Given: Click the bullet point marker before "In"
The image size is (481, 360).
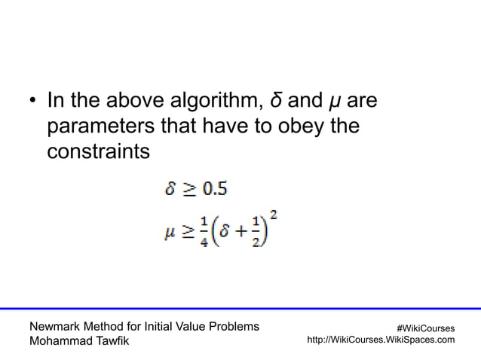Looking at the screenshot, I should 32,102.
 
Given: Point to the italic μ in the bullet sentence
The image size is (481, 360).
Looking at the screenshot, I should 331,102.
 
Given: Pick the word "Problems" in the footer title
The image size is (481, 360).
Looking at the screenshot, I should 232,326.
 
